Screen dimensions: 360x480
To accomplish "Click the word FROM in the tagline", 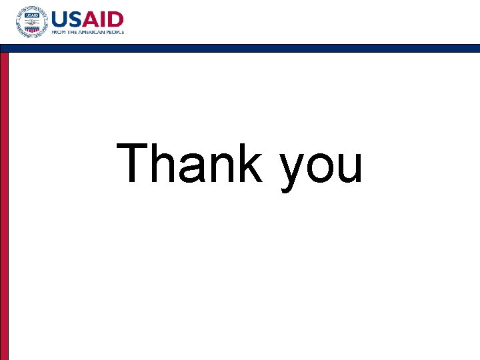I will [58, 31].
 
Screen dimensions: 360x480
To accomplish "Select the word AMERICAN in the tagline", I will [90, 31].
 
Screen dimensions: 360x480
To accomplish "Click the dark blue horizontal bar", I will [240, 48].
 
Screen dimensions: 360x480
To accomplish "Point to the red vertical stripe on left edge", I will [4, 200].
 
